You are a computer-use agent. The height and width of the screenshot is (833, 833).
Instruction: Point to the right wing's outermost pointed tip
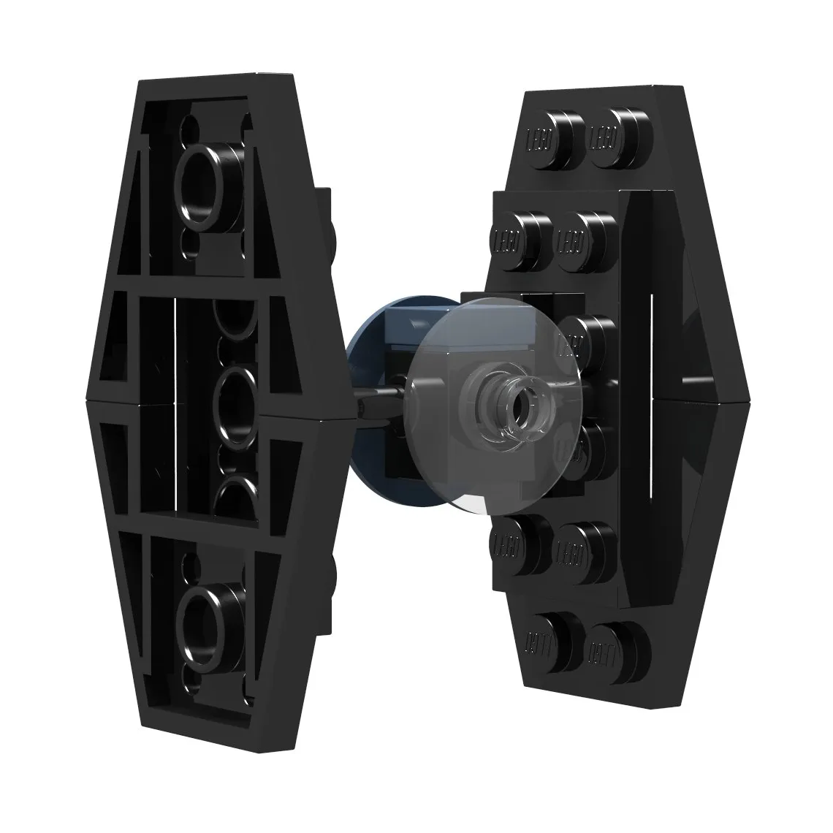click(750, 398)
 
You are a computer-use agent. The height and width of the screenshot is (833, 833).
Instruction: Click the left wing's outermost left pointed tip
click(86, 400)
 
